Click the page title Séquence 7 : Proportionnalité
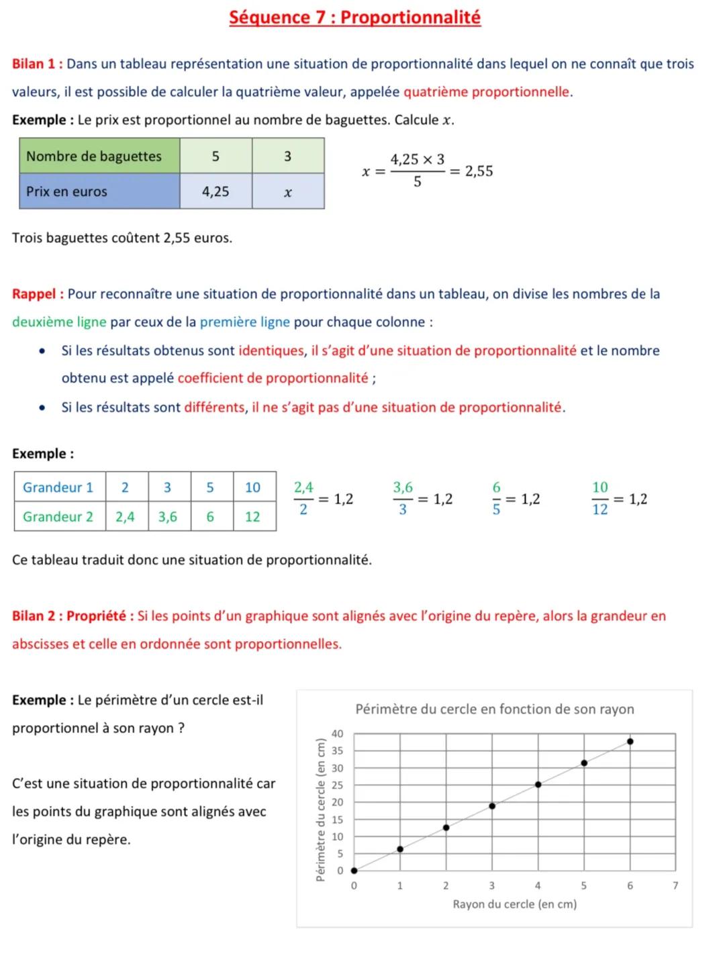(354, 17)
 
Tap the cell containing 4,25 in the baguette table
(215, 191)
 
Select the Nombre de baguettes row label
(94, 156)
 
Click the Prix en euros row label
(66, 191)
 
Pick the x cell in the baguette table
(287, 192)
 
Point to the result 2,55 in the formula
(479, 171)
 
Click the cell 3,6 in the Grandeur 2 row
(168, 516)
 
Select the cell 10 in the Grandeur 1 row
(252, 487)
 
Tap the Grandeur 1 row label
(58, 487)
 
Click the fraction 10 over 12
(599, 499)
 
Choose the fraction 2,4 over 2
(303, 499)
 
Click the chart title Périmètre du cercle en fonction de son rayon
(494, 710)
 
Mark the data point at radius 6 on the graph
(630, 742)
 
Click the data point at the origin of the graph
(354, 871)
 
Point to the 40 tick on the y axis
(338, 734)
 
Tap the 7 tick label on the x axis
(675, 886)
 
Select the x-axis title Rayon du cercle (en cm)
(514, 904)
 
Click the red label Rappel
(37, 294)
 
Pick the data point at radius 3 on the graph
(492, 806)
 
